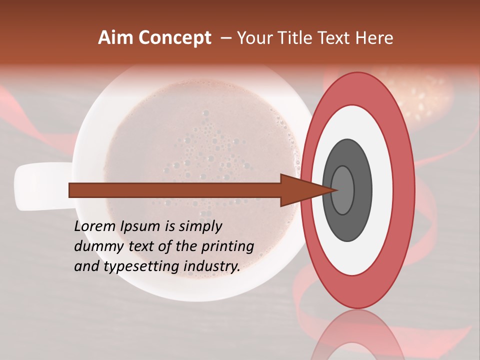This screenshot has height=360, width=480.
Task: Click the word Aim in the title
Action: [x=116, y=38]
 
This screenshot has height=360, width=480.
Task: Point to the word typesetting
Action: [x=142, y=267]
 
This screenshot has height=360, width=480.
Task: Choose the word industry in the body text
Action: [x=212, y=266]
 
